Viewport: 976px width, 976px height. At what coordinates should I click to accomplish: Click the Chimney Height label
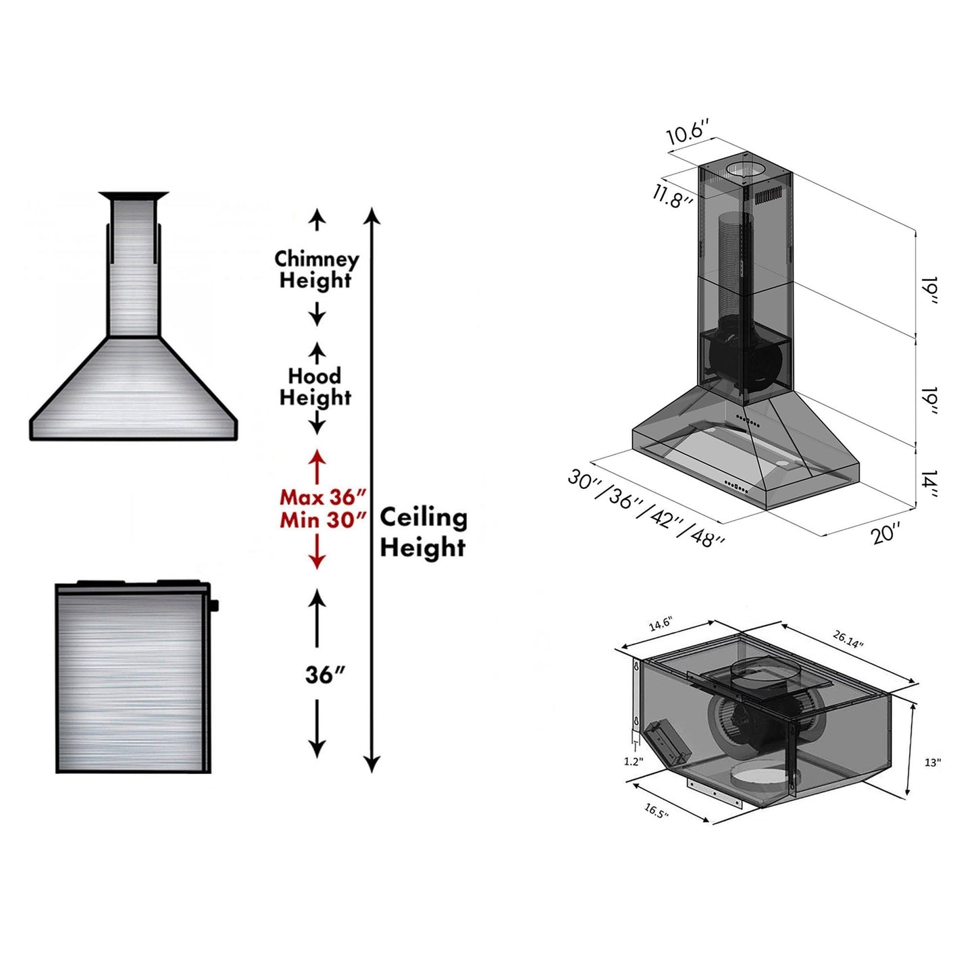click(x=316, y=269)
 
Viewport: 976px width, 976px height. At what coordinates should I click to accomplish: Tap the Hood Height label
click(x=315, y=387)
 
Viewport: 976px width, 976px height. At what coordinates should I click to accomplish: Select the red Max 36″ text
click(x=323, y=497)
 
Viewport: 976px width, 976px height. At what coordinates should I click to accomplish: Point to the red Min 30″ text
click(x=323, y=520)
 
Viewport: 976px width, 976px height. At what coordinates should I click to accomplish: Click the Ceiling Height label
click(x=423, y=532)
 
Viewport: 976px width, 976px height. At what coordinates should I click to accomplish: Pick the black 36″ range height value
click(x=325, y=675)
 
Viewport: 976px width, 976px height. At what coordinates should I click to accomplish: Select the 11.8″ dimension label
click(x=673, y=196)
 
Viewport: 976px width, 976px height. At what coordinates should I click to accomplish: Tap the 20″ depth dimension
click(x=885, y=533)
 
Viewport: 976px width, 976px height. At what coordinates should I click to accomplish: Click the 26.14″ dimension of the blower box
click(x=848, y=639)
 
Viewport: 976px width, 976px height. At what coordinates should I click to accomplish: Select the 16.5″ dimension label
click(x=656, y=811)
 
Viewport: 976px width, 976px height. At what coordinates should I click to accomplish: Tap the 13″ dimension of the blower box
click(x=933, y=763)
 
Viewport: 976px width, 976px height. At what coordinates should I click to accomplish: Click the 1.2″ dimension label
click(x=633, y=761)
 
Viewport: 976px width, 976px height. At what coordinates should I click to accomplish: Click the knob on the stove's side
click(x=214, y=605)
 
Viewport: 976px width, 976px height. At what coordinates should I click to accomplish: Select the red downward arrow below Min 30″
click(x=317, y=555)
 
